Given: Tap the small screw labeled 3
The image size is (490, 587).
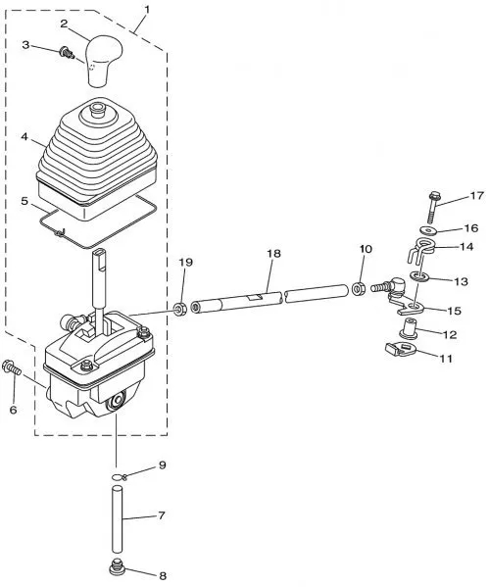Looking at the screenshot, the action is click(67, 53).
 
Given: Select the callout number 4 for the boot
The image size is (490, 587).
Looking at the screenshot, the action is click(24, 136).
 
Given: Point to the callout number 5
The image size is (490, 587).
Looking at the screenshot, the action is click(24, 201).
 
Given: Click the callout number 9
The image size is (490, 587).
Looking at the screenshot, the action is click(162, 465).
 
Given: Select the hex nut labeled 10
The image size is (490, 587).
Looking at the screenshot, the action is click(358, 289).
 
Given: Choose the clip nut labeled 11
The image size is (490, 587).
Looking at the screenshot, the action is click(399, 350).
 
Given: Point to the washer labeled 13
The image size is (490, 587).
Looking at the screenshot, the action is click(418, 276).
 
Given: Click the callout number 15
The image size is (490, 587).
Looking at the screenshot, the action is click(454, 311).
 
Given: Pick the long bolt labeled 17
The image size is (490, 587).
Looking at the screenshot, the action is click(433, 207).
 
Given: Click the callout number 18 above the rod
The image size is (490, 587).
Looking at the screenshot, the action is click(273, 254).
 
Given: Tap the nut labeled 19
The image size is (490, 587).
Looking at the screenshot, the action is click(181, 310).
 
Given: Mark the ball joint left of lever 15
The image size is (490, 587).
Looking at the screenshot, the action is click(390, 286).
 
